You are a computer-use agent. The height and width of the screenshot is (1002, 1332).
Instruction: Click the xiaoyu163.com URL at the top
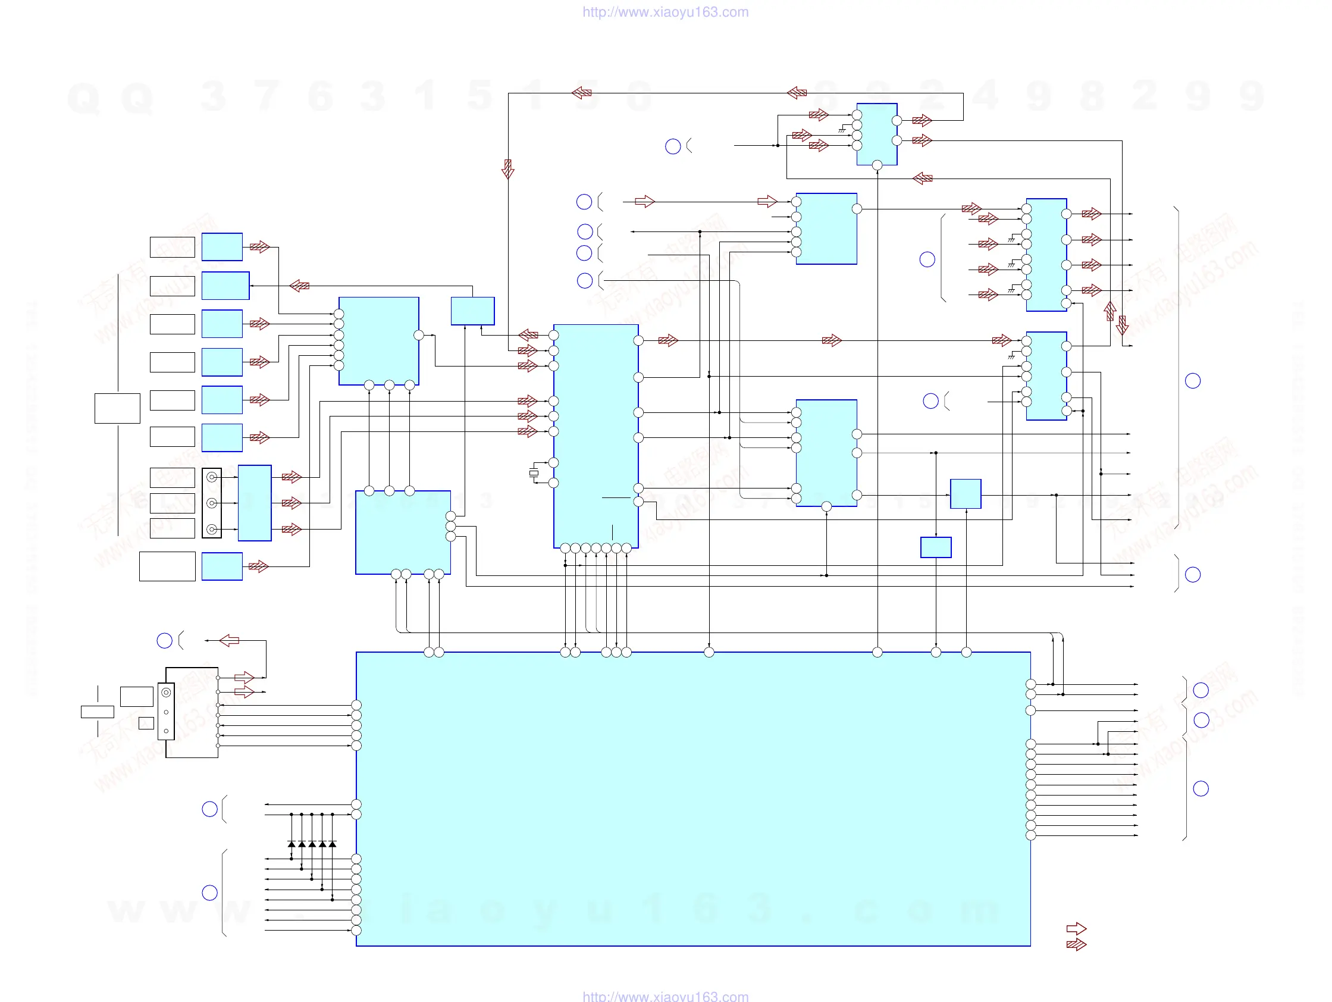point(665,12)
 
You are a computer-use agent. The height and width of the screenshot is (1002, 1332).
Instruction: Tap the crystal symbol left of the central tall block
point(534,473)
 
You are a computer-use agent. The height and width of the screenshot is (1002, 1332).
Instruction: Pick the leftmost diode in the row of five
point(292,844)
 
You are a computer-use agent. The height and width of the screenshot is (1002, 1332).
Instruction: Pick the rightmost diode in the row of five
point(333,844)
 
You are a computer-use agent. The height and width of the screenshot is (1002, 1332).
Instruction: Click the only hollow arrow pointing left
point(229,640)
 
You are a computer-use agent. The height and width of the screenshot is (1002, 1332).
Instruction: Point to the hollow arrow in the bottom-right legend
point(1076,929)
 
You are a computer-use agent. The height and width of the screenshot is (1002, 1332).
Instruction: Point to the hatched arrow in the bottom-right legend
point(1076,944)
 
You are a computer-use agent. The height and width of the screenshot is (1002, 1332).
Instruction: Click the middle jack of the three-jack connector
point(212,503)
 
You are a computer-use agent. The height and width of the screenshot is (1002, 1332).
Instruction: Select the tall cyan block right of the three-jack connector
point(255,503)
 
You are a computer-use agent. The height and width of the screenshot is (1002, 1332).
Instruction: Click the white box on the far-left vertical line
point(117,408)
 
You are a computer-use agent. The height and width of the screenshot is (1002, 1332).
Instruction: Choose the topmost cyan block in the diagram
point(877,134)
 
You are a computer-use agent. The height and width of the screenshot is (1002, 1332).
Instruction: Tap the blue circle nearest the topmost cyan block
point(673,146)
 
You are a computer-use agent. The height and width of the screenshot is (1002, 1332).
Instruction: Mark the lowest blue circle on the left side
point(209,893)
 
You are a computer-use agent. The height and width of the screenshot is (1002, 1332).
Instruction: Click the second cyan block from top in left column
point(225,286)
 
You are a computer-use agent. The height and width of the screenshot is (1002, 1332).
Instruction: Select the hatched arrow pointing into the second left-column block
point(299,286)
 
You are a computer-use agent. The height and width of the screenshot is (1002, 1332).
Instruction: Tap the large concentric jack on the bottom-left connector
point(166,693)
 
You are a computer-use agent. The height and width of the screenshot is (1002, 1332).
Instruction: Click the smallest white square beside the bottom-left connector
point(146,723)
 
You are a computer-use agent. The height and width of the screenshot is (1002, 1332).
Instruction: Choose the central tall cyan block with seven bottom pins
point(596,436)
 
